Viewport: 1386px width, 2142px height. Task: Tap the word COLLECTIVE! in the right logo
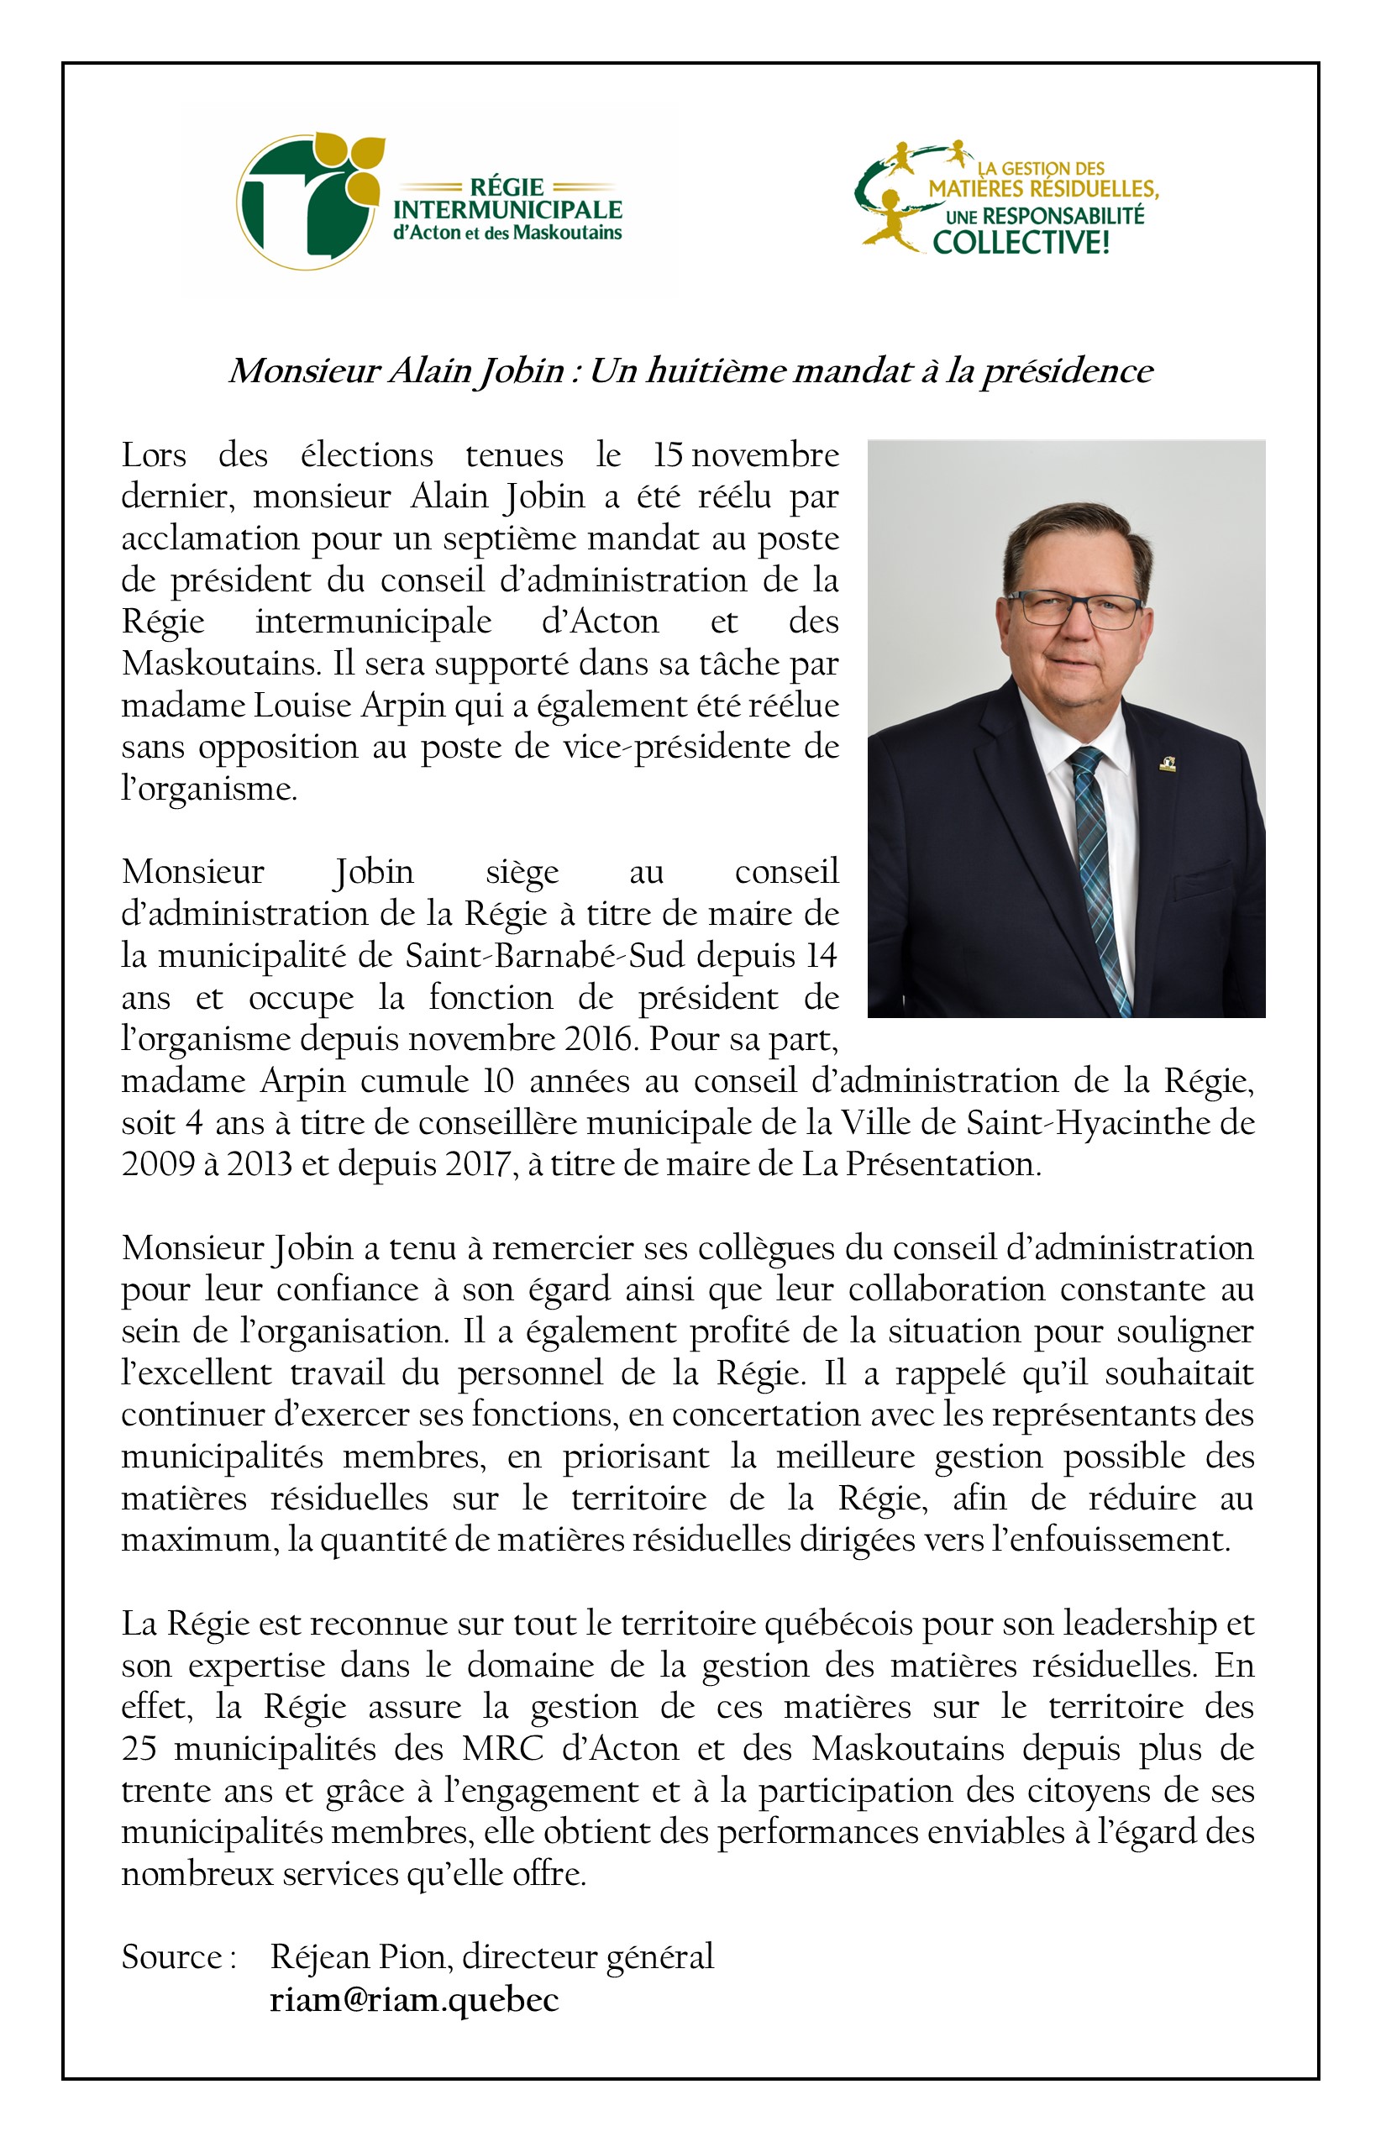1021,242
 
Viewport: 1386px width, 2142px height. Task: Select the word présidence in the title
1067,370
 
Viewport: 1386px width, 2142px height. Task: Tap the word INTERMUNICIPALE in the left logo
507,210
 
